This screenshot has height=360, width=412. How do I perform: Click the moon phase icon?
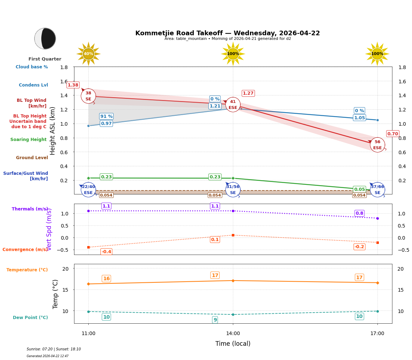click(x=45, y=38)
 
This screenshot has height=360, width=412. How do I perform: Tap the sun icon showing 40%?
click(x=88, y=54)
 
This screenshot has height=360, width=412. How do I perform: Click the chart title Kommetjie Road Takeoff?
click(x=228, y=33)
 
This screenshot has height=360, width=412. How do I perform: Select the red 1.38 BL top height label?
click(x=73, y=85)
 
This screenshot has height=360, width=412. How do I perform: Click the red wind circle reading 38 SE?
click(x=88, y=96)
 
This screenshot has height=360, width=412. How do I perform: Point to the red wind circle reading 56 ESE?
click(x=377, y=145)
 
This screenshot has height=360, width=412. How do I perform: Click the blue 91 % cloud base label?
click(x=106, y=116)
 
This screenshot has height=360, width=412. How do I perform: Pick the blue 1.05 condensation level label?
click(x=359, y=118)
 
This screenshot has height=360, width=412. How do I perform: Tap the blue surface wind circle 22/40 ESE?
click(x=88, y=189)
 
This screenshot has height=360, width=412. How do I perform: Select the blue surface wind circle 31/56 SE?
click(x=233, y=189)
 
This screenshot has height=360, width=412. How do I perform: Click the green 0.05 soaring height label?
click(x=359, y=189)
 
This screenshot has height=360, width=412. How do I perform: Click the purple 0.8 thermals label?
click(x=359, y=213)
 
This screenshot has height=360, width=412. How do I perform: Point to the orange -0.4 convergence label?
click(x=106, y=252)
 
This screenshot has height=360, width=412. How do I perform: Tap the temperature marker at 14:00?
click(x=233, y=281)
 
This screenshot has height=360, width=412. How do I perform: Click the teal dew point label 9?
click(x=215, y=320)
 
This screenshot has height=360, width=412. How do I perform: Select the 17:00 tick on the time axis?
click(x=377, y=333)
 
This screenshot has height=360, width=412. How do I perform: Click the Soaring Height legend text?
click(x=28, y=140)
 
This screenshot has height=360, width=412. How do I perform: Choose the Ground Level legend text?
click(x=32, y=158)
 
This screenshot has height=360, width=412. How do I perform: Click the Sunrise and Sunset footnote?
click(x=54, y=349)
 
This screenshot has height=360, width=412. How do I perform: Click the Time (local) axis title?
click(x=233, y=344)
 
